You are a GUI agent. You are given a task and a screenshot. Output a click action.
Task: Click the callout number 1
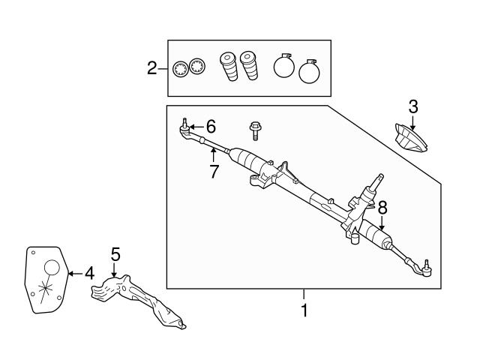(x=304, y=309)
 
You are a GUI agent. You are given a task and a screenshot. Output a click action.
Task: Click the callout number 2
(x=152, y=69)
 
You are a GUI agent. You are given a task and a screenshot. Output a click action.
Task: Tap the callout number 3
(x=412, y=105)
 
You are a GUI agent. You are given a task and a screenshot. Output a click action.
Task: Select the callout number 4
(x=88, y=274)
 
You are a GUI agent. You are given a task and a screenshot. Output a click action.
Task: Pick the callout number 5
(x=115, y=255)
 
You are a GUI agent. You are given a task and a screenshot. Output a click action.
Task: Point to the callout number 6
(x=211, y=125)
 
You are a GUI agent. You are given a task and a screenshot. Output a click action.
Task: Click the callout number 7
(x=214, y=171)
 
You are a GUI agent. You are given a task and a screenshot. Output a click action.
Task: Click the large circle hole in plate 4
(x=50, y=268)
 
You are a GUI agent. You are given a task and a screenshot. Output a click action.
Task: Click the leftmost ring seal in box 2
(x=180, y=68)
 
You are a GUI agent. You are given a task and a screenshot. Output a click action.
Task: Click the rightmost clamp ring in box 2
(x=309, y=73)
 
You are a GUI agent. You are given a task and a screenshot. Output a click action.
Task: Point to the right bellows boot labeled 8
(x=379, y=237)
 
